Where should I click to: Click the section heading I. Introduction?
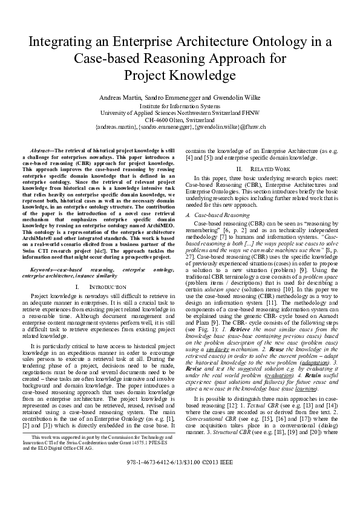pyautogui.click(x=98, y=285)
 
